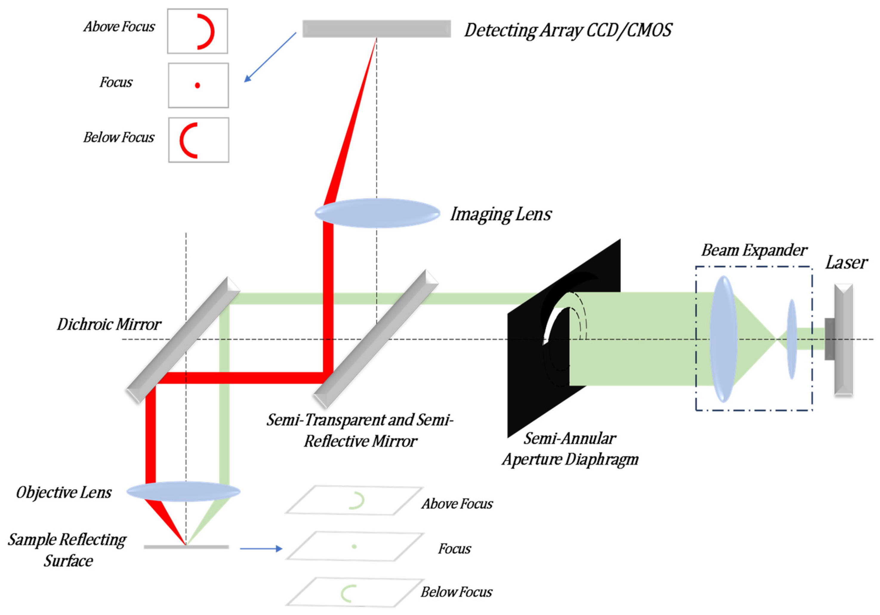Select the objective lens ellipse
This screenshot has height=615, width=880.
point(183,491)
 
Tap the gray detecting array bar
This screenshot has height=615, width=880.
point(376,29)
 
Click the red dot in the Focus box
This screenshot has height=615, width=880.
point(197,85)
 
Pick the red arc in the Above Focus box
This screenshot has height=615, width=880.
point(210,31)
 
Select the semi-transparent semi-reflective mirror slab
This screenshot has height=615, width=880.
point(376,338)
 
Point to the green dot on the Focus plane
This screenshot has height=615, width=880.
point(354,546)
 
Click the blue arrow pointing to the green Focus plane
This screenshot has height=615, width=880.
point(261,549)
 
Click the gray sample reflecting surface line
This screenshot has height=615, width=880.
point(186,547)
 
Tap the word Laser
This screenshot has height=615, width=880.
point(846,263)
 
